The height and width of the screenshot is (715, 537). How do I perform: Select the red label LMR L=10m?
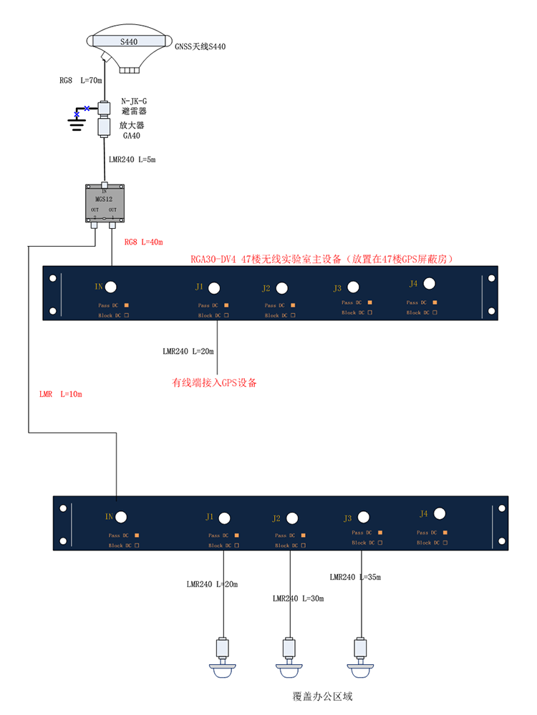coord(62,394)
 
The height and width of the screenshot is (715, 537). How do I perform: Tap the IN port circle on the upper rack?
coord(111,287)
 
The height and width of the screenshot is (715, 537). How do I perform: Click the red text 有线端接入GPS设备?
coord(214,383)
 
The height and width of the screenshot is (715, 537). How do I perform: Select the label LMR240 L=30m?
coord(298,598)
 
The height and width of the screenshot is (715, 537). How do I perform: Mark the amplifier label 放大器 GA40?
coord(134,130)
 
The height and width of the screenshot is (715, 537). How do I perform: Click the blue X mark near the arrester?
coord(87,108)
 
